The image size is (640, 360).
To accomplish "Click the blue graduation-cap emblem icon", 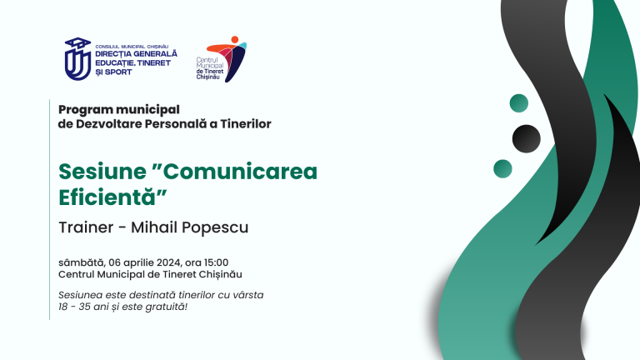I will (x=77, y=57).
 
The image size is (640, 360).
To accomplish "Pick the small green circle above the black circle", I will (x=519, y=103).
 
